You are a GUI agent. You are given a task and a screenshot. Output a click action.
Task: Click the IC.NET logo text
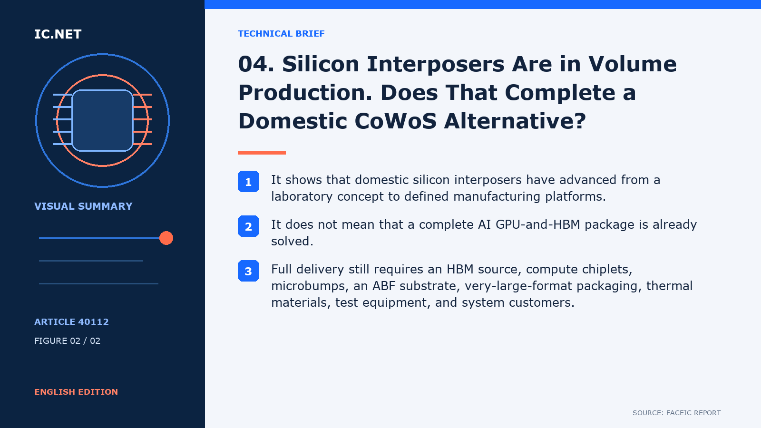58,34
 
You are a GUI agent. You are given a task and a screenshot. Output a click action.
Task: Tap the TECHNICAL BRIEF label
281,34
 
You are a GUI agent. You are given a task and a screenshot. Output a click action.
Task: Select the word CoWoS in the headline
395,121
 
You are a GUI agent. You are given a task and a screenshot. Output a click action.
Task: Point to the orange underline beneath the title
262,153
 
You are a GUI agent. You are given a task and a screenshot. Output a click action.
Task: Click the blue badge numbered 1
248,181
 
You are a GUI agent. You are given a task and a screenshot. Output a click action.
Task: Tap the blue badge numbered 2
248,226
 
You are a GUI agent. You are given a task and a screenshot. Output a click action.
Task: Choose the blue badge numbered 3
248,271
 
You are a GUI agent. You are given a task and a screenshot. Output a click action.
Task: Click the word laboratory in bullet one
302,197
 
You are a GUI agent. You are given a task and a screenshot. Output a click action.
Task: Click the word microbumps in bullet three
310,286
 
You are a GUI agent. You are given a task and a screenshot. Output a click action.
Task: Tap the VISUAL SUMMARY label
83,206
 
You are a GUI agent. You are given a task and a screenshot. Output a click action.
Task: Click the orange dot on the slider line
166,238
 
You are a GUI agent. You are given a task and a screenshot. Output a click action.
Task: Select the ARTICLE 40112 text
72,321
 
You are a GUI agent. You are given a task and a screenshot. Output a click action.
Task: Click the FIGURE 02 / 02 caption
67,340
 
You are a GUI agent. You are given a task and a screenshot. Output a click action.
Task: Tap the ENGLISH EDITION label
76,392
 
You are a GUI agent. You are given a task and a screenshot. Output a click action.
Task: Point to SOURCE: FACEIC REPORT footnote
676,413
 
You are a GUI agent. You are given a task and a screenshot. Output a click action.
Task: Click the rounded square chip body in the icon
102,121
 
